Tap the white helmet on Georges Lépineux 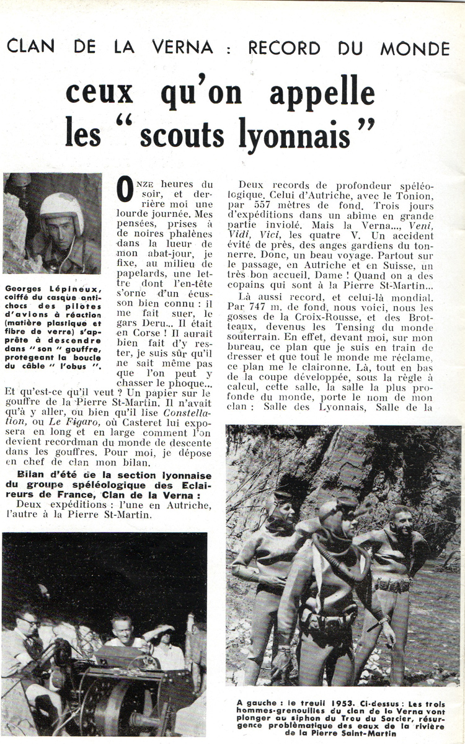click(61, 211)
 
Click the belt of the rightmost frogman click(393, 585)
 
